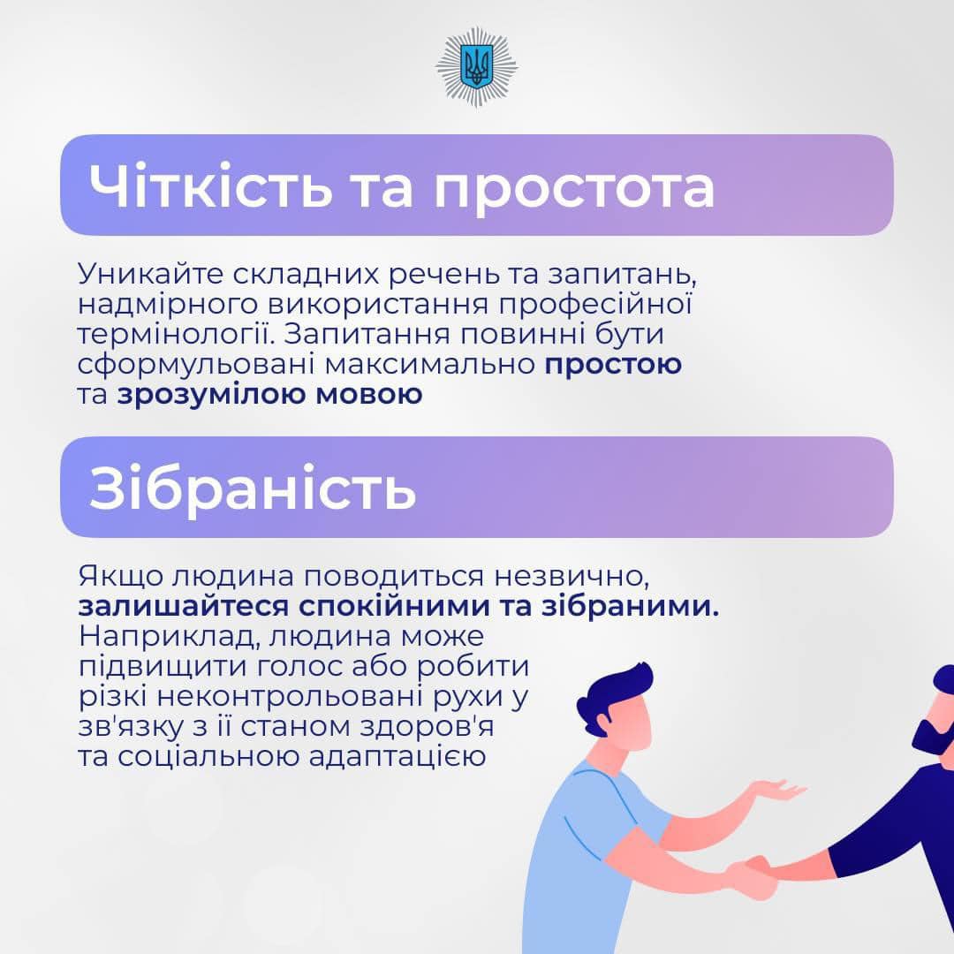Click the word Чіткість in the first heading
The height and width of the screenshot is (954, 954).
coord(210,185)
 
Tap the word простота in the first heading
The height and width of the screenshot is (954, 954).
coord(574,188)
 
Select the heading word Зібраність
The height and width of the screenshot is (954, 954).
coord(253,488)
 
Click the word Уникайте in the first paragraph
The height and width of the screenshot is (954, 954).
coord(151,275)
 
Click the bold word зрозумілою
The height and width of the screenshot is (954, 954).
coord(212,395)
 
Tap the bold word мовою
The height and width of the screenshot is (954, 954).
coord(368,395)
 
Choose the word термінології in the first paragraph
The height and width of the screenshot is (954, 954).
coord(176,335)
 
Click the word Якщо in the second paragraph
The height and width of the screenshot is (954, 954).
coord(120,576)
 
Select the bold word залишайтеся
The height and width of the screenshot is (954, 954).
coord(184,607)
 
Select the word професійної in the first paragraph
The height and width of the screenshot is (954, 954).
coord(595,304)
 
